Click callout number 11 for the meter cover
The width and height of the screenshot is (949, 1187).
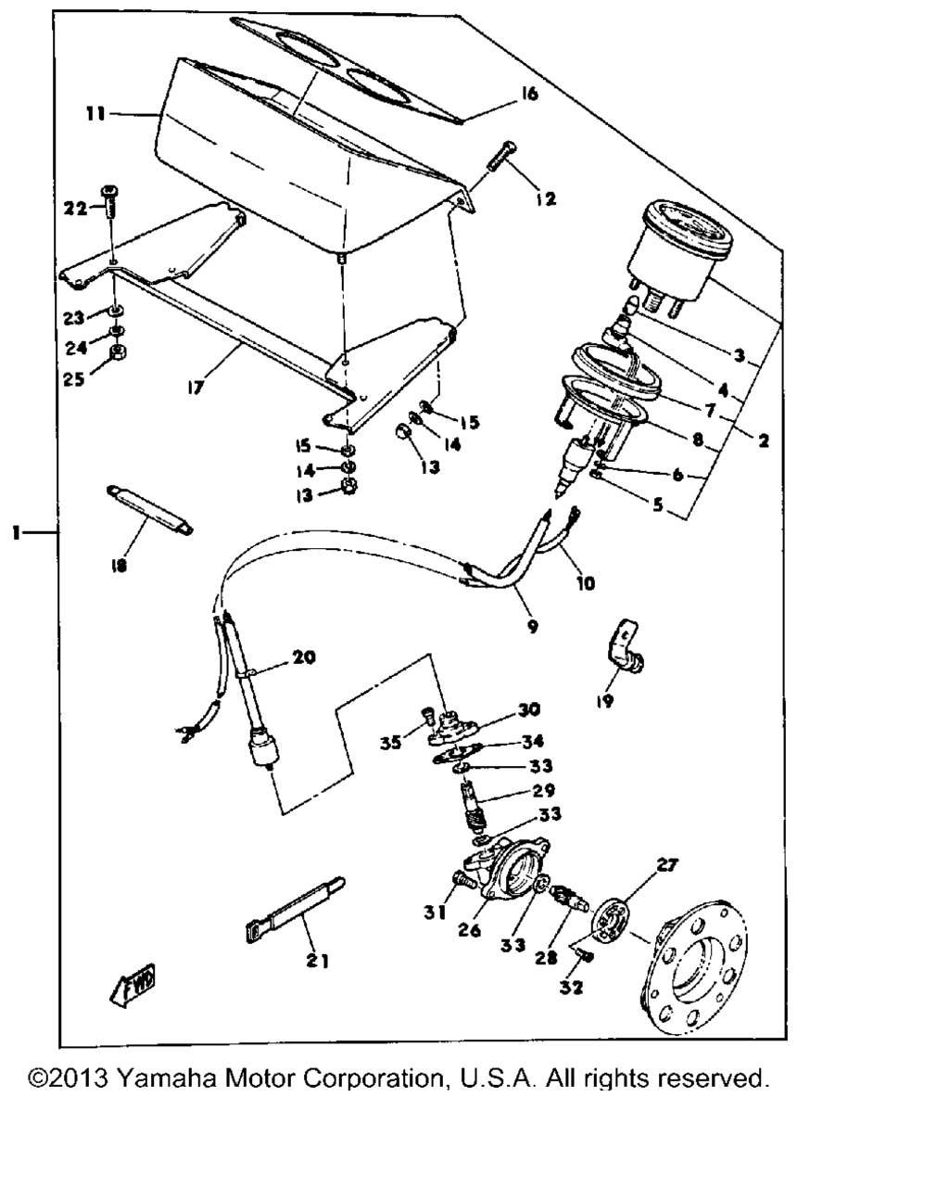(x=95, y=114)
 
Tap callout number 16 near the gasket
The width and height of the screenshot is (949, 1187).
(x=528, y=94)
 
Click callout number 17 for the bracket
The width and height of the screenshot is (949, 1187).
(x=196, y=386)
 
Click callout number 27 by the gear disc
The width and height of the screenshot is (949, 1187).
(x=666, y=865)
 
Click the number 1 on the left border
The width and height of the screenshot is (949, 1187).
(x=17, y=533)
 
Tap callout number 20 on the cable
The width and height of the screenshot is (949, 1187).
(x=304, y=657)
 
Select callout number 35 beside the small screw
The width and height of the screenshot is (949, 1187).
(x=390, y=743)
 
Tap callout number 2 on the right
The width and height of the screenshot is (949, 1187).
(x=763, y=440)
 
